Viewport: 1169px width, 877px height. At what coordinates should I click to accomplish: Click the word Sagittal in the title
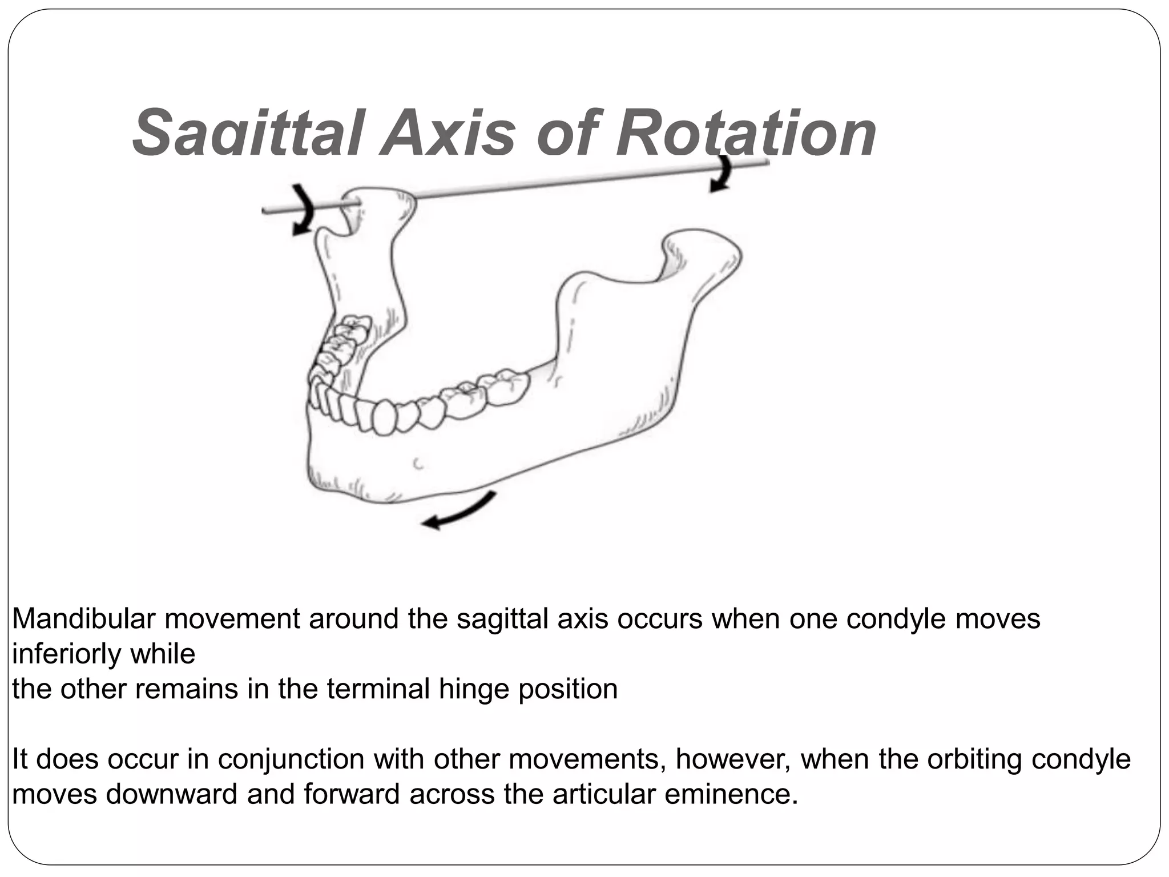pyautogui.click(x=247, y=134)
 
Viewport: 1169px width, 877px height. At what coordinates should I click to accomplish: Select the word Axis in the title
pyautogui.click(x=450, y=134)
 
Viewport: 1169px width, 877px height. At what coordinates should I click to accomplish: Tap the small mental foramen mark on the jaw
pyautogui.click(x=418, y=464)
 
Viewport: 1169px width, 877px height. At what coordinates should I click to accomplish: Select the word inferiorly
pyautogui.click(x=63, y=654)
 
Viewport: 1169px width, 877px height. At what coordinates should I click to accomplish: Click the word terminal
pyautogui.click(x=378, y=689)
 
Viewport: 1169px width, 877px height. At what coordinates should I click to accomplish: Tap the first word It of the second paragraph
pyautogui.click(x=19, y=759)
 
